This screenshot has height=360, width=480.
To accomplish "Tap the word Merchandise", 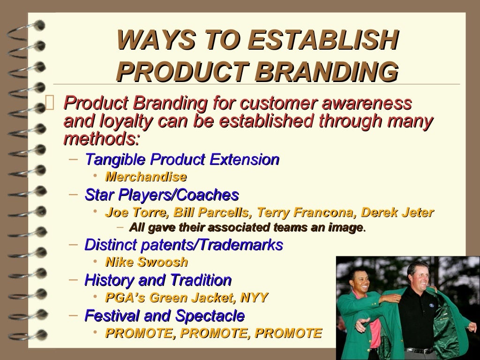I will [x=146, y=177].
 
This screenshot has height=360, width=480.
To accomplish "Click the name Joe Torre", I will [x=136, y=213].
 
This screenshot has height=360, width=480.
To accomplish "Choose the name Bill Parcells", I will [x=210, y=213].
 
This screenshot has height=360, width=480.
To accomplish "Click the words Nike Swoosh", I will [x=147, y=262].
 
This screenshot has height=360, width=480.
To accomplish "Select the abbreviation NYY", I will [x=254, y=298].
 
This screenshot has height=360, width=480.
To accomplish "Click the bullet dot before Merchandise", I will [x=95, y=176].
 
